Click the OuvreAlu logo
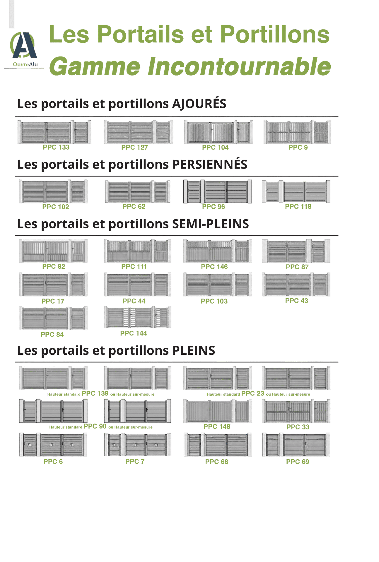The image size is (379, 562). tap(24, 49)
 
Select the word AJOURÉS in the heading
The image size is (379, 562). tap(199, 104)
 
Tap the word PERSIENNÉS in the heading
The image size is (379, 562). tap(210, 164)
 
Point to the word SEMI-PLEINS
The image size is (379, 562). tap(211, 224)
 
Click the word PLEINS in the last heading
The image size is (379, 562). tap(194, 350)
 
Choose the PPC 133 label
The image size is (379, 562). tap(56, 147)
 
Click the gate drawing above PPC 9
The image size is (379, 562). tap(297, 132)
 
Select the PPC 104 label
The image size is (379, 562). tap(215, 147)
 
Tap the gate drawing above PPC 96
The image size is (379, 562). tap(217, 191)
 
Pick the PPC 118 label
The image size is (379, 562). tap(298, 206)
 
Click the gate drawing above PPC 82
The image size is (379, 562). tap(53, 251)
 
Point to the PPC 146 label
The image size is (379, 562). tap(214, 267)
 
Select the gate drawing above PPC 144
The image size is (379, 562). tap(137, 317)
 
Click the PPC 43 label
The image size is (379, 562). tap(297, 301)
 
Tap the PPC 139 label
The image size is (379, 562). tap(95, 393)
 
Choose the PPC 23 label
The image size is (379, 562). tap(253, 393)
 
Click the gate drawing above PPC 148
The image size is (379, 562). tap(218, 411)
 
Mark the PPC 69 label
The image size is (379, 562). tap(298, 462)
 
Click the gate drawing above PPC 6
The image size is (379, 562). tap(53, 445)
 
